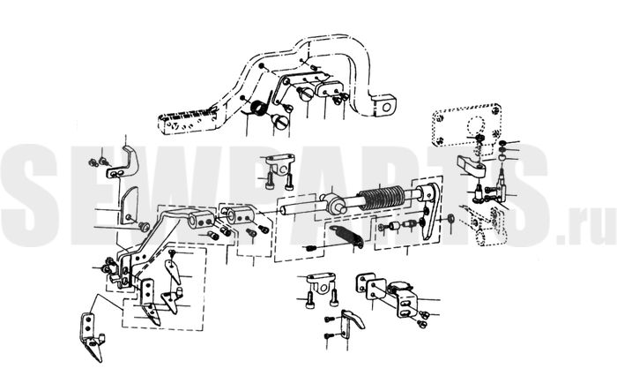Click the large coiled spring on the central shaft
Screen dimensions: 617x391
382,197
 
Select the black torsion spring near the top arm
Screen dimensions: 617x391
258,107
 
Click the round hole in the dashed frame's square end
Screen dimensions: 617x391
387,107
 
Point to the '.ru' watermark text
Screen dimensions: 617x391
586,229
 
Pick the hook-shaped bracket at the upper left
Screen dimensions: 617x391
123,162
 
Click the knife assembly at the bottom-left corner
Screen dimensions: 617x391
92,335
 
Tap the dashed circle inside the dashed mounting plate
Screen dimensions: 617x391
477,127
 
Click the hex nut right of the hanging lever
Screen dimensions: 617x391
451,218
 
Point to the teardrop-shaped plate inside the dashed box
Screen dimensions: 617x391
173,271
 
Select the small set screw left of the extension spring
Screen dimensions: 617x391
309,249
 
